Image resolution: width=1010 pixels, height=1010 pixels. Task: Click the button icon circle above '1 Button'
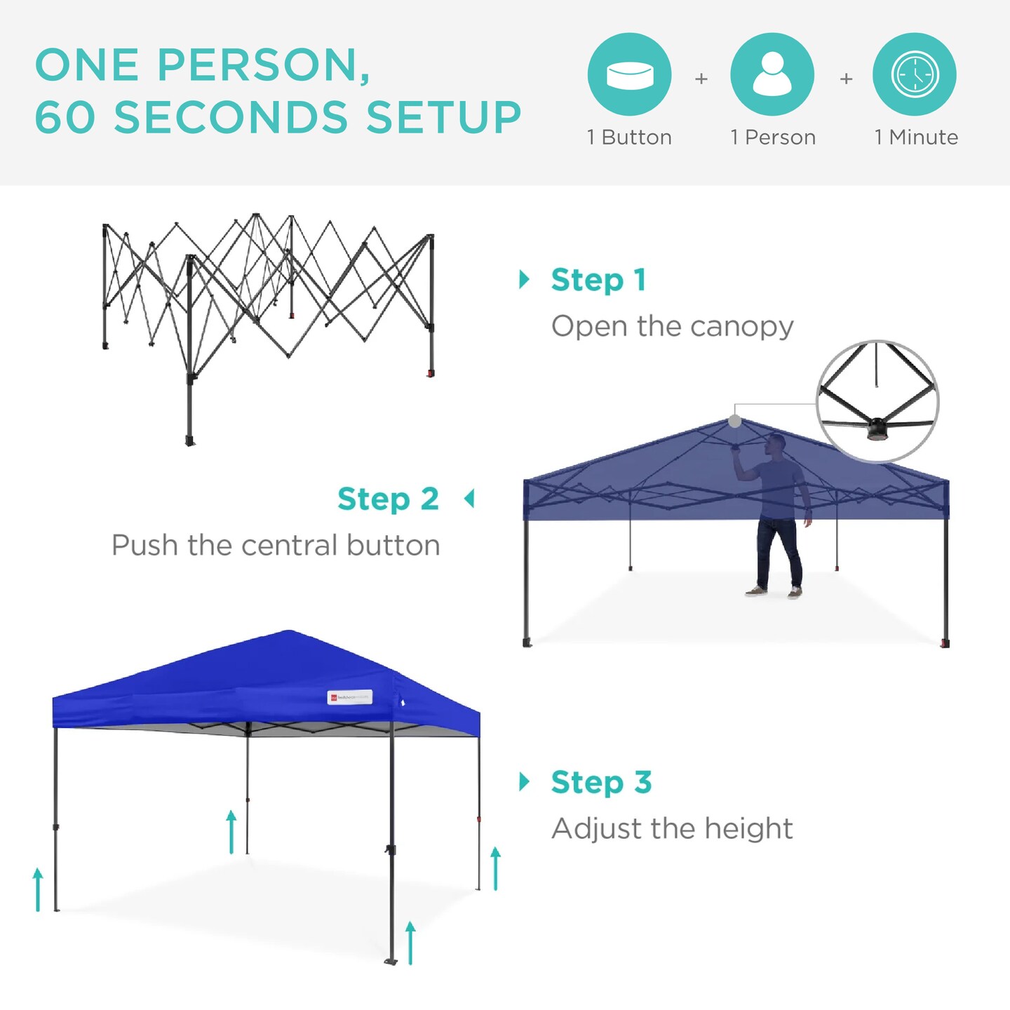click(x=629, y=74)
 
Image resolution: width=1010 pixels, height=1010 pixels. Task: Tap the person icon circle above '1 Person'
click(x=772, y=74)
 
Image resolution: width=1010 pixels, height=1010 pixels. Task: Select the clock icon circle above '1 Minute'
click(x=915, y=74)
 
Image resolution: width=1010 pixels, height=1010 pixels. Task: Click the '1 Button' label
click(x=629, y=137)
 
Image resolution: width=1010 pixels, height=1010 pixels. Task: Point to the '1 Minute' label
click(x=916, y=137)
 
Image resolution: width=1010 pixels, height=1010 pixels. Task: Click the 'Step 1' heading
click(x=598, y=280)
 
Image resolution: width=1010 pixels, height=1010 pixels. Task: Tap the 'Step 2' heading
click(x=388, y=499)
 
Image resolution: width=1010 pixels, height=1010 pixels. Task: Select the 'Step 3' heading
click(x=601, y=782)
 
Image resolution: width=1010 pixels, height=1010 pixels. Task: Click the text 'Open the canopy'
click(x=672, y=327)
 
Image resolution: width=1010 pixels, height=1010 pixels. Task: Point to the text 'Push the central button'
click(x=276, y=546)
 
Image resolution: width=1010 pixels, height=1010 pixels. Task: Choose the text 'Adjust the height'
click(x=672, y=829)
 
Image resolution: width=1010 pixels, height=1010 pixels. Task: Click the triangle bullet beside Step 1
click(x=524, y=279)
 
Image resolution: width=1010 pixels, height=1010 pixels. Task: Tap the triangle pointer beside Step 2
click(x=469, y=499)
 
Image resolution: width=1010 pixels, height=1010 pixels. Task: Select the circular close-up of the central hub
click(x=877, y=401)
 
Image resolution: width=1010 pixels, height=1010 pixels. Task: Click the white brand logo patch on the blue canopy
click(x=349, y=697)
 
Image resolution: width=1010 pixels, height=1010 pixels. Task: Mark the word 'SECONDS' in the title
click(x=231, y=117)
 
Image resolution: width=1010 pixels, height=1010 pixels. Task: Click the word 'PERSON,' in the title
click(x=264, y=65)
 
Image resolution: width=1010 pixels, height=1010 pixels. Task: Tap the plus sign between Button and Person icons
click(x=701, y=79)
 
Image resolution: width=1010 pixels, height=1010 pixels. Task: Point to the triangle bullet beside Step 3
click(x=524, y=781)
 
